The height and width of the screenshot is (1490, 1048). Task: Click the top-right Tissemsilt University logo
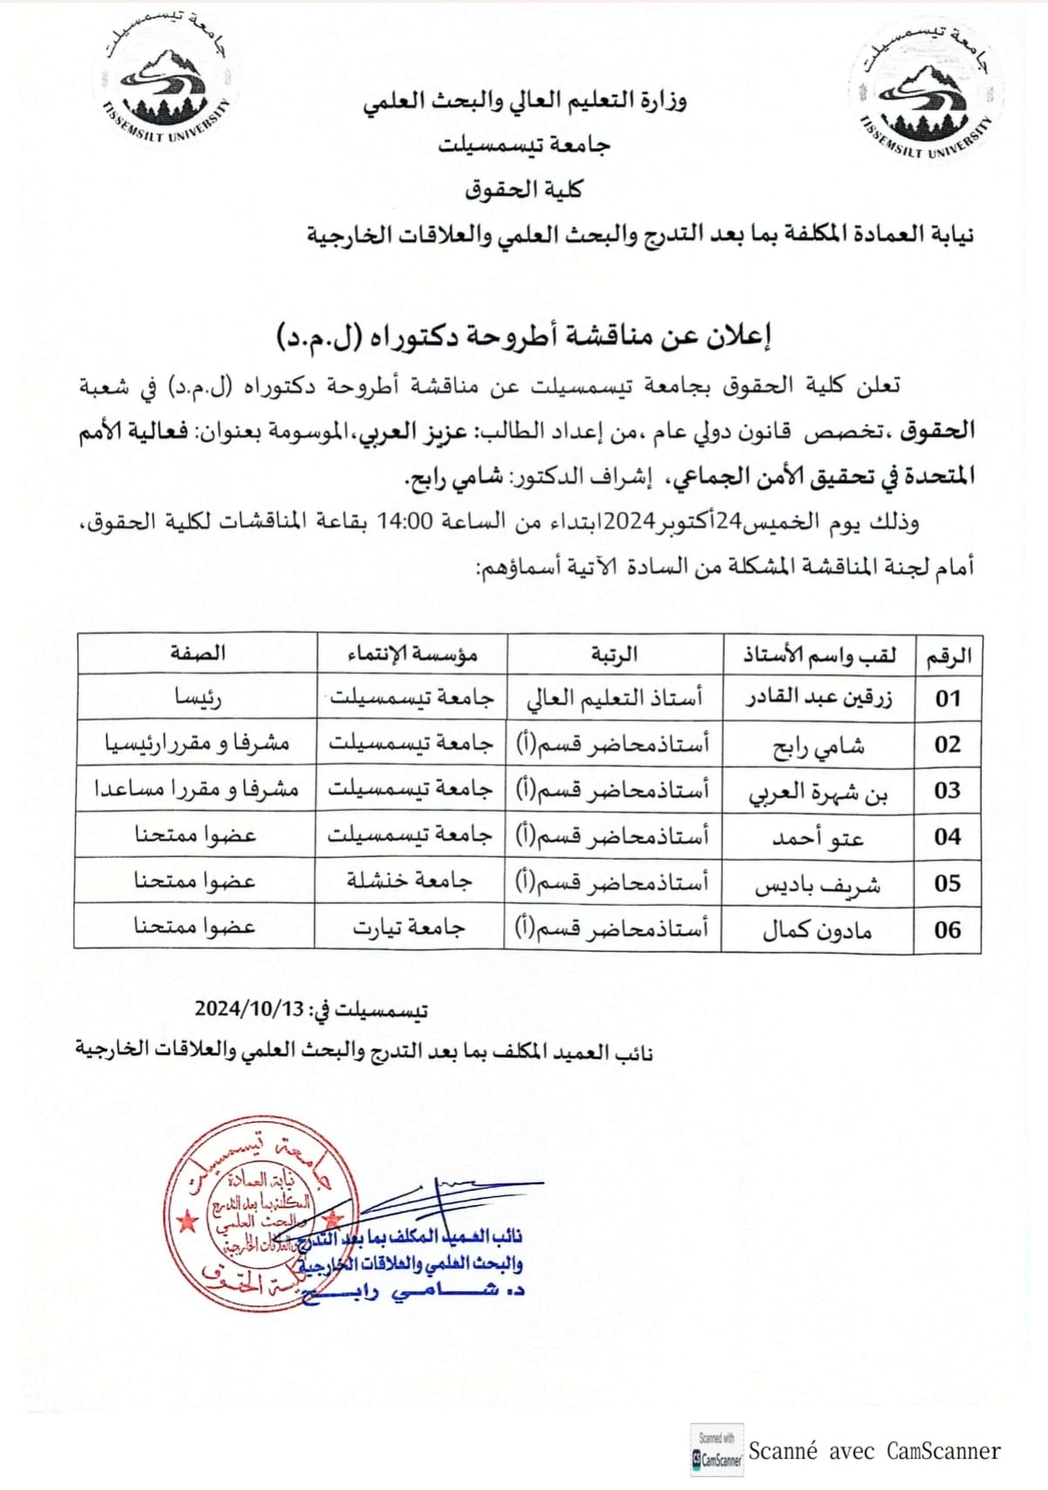925,96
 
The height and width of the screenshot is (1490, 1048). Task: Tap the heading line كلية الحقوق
523,189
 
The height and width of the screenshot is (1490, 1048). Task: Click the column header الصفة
197,653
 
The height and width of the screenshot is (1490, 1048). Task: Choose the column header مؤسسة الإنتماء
412,653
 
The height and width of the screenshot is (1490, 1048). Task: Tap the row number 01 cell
947,698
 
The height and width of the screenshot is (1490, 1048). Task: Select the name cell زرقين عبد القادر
818,698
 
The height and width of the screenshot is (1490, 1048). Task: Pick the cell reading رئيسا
197,698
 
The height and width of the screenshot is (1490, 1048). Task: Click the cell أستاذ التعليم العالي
615,698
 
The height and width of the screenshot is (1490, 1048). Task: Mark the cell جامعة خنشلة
410,881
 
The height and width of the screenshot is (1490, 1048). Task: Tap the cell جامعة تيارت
410,928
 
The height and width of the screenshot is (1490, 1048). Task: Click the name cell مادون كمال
817,930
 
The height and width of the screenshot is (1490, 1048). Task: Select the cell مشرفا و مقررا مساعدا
197,789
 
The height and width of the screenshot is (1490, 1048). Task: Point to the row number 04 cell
947,837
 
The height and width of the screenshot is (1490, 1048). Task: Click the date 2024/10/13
248,1009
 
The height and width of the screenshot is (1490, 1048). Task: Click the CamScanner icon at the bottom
717,1451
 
